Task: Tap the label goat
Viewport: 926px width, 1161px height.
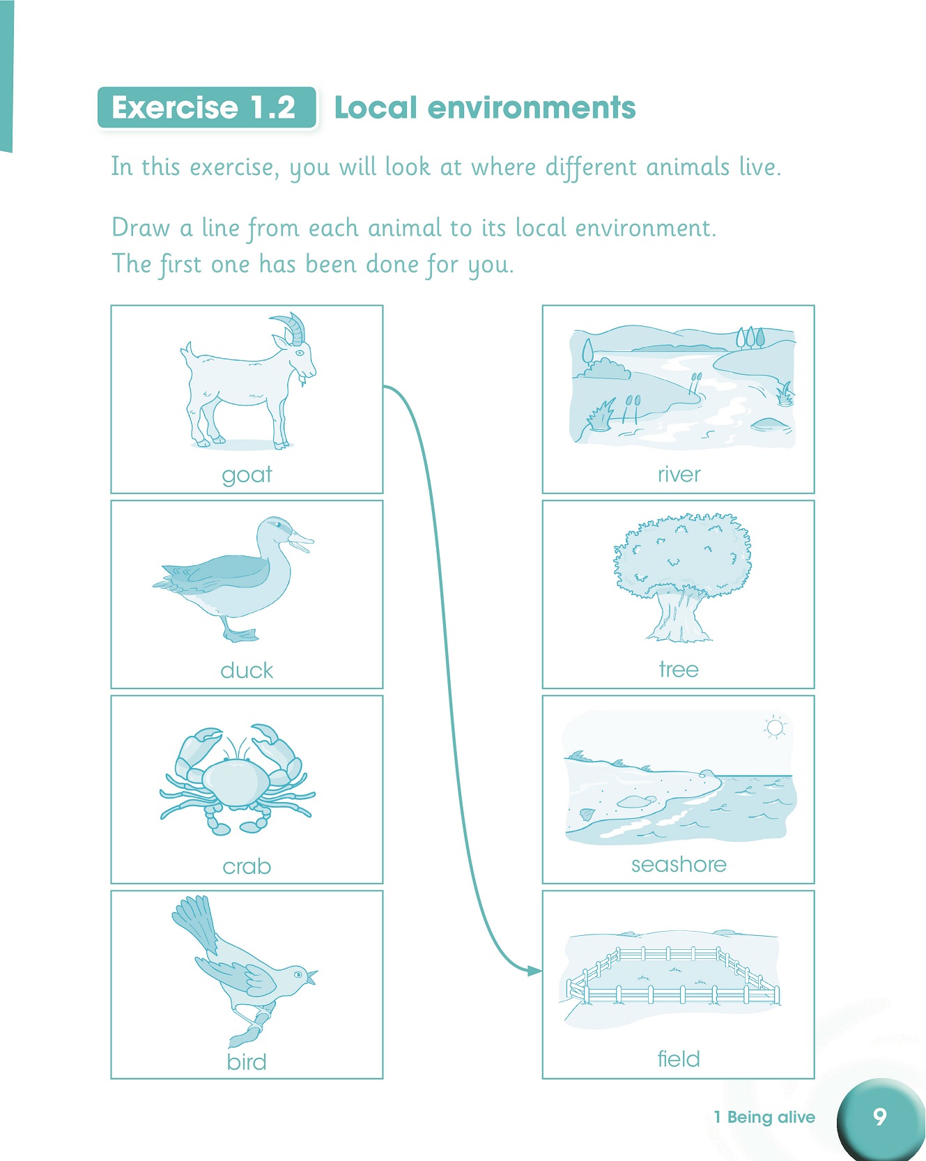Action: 247,475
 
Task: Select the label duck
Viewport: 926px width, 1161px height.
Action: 247,670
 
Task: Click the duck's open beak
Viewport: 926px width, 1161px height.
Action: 303,541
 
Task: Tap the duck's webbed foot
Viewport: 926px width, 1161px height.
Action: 240,635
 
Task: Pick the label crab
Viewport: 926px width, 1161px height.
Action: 247,866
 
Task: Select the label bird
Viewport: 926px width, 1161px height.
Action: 247,1062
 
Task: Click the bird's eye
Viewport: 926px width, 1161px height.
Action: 298,974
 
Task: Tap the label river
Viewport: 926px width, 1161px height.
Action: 679,475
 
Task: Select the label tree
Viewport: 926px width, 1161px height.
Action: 679,670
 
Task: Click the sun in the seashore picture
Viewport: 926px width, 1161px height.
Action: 774,728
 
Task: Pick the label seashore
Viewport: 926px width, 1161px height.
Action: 679,865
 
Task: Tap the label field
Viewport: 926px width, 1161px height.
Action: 679,1059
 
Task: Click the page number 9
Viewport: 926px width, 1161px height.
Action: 880,1117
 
